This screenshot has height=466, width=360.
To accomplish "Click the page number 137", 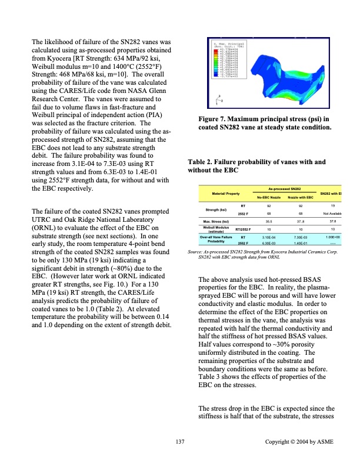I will [180, 441].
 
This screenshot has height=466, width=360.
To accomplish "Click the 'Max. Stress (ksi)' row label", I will [216, 222].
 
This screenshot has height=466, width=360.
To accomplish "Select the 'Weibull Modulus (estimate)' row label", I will [215, 229].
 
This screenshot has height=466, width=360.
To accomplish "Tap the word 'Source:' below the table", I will [195, 252].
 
